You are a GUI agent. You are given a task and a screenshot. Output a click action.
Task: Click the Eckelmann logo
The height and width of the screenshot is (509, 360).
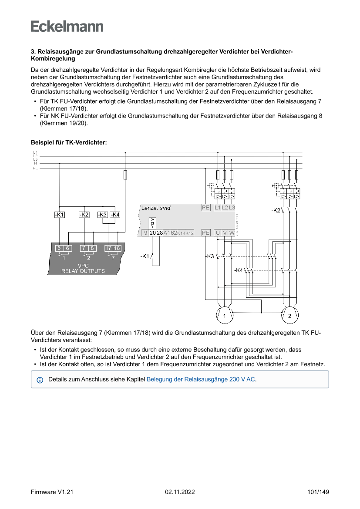(67, 26)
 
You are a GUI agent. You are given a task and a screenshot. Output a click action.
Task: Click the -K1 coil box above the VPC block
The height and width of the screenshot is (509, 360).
(59, 215)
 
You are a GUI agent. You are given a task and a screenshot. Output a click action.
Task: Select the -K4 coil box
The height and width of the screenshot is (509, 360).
(115, 215)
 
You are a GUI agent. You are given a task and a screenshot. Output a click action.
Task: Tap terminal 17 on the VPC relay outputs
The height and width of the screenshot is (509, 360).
(108, 248)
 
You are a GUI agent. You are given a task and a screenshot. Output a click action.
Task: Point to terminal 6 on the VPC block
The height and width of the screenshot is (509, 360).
(67, 248)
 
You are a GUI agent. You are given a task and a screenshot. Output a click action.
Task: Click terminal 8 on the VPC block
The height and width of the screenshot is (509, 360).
(92, 248)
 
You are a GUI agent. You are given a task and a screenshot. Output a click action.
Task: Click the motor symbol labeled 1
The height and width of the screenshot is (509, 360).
(224, 316)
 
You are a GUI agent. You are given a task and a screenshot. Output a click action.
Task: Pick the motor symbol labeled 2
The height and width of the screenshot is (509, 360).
(289, 316)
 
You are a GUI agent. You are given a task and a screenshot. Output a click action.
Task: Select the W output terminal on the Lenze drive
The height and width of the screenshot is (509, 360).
(232, 233)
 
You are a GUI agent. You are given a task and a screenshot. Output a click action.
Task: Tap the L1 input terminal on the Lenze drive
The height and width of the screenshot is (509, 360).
(217, 208)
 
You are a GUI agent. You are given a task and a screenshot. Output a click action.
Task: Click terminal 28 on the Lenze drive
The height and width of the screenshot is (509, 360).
(160, 233)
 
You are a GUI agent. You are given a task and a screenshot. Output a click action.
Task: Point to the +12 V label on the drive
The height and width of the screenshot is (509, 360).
(152, 222)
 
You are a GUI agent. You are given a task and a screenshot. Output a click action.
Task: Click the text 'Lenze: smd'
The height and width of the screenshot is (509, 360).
(156, 208)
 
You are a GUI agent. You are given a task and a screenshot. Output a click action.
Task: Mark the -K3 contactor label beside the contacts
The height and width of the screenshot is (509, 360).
(210, 256)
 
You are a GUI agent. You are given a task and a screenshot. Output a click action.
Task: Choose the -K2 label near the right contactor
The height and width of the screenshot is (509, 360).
(276, 210)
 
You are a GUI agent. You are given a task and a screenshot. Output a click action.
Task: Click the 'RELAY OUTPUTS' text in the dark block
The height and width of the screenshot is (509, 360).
(83, 271)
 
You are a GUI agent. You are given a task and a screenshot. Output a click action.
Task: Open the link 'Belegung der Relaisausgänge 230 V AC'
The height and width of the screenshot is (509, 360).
(201, 379)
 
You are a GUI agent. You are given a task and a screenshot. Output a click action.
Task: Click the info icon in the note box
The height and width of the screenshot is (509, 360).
(40, 380)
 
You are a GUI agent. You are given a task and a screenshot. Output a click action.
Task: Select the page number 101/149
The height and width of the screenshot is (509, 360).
(318, 492)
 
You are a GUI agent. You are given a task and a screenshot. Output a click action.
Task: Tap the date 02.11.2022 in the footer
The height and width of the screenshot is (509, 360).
(180, 492)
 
